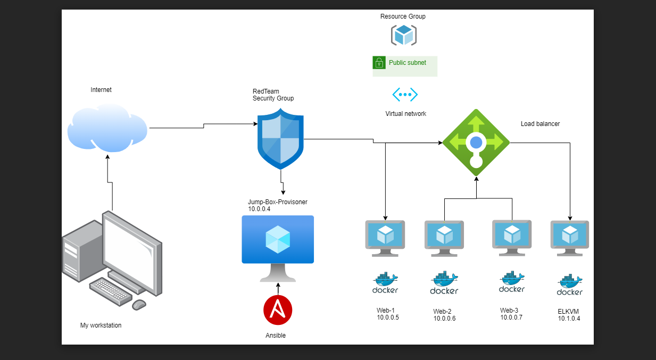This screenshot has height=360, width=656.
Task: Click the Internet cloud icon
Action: tap(107, 128)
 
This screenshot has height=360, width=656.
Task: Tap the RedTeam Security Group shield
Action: tap(280, 139)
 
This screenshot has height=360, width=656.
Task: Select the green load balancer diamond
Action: tap(476, 143)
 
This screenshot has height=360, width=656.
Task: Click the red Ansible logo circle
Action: tap(278, 310)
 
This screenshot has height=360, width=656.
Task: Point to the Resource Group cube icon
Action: tap(404, 35)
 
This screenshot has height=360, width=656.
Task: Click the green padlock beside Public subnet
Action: tap(379, 63)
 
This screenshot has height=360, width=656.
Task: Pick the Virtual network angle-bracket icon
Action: tap(405, 95)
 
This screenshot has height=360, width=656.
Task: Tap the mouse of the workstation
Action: tap(139, 305)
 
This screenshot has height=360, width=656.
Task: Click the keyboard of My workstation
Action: tap(111, 291)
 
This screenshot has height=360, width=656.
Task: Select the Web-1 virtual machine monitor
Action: tap(385, 238)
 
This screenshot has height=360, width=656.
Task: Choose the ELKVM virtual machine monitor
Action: tap(570, 238)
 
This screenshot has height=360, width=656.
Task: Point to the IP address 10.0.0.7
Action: tap(511, 317)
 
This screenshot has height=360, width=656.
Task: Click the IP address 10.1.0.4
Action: tap(569, 319)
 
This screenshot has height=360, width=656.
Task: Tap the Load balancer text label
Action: tap(540, 124)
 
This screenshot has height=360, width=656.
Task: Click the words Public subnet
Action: tap(408, 63)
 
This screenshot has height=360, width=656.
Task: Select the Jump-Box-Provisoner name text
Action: tap(278, 202)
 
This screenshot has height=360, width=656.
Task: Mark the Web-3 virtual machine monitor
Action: tap(512, 238)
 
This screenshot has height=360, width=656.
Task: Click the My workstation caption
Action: tap(101, 325)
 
